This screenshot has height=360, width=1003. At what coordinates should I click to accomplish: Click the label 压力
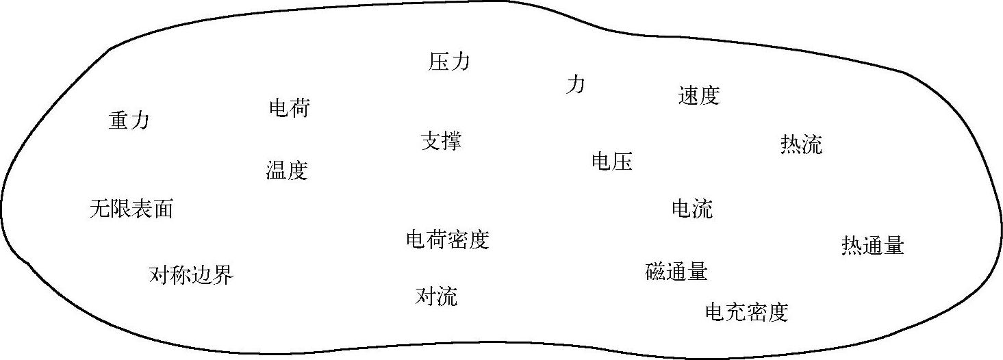[x=449, y=62]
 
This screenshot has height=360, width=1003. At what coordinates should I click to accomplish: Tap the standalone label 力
[x=575, y=85]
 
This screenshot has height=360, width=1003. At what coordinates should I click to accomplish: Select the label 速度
[x=698, y=95]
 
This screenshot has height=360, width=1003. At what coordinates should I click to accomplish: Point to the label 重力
[x=129, y=120]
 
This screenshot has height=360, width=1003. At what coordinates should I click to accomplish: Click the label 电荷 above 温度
[x=289, y=108]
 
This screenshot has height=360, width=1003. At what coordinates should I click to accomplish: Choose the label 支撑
[x=441, y=141]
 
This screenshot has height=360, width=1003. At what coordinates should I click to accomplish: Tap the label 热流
[x=801, y=144]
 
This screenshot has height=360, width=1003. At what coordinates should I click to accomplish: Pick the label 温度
[x=287, y=170]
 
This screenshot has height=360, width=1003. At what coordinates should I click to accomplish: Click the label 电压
[x=611, y=162]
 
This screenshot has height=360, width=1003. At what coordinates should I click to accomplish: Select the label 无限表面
[x=131, y=208]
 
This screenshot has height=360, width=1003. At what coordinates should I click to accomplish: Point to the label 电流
[x=692, y=208]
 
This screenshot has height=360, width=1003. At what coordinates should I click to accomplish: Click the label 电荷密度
[x=448, y=240]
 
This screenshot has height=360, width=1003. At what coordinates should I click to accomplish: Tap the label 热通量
[x=872, y=245]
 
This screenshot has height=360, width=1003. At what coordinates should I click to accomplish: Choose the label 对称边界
[x=191, y=275]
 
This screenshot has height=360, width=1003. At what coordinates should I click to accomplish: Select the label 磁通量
[x=676, y=272]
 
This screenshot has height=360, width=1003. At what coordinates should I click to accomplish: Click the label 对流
[x=436, y=296]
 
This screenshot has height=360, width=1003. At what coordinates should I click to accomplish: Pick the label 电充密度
[x=747, y=312]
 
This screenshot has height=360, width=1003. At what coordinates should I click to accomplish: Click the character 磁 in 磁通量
[x=656, y=272]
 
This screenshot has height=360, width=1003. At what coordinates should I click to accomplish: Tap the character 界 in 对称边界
[x=223, y=275]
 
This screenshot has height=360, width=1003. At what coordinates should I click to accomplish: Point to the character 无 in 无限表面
[x=100, y=208]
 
